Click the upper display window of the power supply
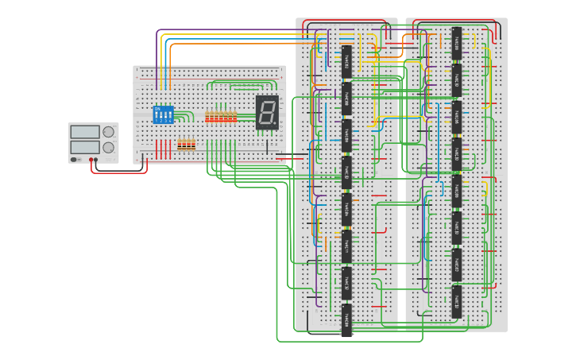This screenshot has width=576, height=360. (x=85, y=131)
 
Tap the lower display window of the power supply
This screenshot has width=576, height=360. (x=85, y=147)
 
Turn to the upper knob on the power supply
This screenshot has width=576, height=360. (x=108, y=132)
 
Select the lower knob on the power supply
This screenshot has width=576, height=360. (x=108, y=148)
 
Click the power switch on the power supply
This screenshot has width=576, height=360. (x=75, y=160)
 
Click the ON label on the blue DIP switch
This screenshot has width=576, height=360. (x=157, y=109)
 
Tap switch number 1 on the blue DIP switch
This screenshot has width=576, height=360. (x=157, y=116)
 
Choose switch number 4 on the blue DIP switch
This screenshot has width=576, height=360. (x=170, y=116)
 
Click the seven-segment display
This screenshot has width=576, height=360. (x=267, y=112)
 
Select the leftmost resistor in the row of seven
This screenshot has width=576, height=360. (x=207, y=117)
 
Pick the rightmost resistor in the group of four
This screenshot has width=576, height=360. (x=192, y=145)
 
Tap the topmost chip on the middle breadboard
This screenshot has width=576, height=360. (x=346, y=60)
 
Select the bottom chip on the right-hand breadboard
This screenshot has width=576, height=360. (x=457, y=301)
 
